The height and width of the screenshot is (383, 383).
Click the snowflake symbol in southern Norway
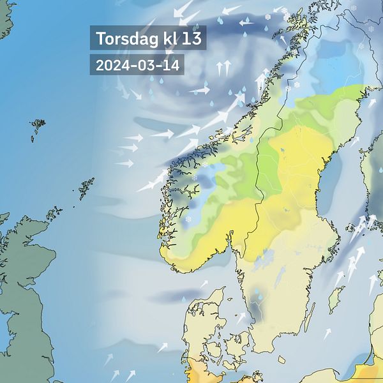188,219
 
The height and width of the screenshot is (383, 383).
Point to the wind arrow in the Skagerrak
204,283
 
